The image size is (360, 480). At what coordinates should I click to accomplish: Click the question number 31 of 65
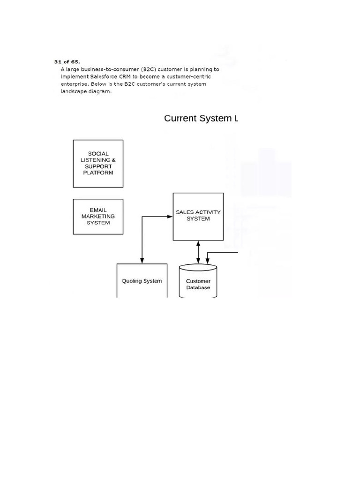(67, 61)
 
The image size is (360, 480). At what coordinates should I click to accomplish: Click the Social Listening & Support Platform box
(98, 163)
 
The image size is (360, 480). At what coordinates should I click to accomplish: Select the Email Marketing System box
(98, 217)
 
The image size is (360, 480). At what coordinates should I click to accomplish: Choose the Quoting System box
(142, 281)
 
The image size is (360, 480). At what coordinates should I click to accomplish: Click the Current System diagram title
(201, 118)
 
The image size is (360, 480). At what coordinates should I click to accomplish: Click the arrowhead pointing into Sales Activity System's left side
(171, 217)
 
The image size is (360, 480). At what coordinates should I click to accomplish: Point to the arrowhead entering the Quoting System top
(142, 261)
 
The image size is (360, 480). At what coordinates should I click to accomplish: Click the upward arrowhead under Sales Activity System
(198, 243)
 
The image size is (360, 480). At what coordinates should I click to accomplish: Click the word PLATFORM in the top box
(98, 172)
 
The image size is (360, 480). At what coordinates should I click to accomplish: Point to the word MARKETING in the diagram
(98, 217)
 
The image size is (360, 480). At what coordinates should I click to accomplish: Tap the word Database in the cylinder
(198, 287)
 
